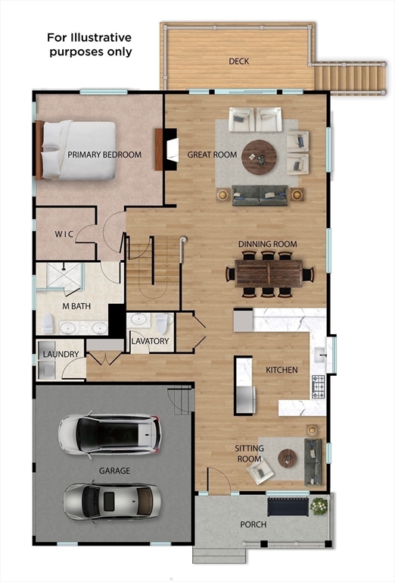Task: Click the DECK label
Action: point(239,61)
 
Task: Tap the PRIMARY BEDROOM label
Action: point(104,155)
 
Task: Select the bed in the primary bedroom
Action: point(76,150)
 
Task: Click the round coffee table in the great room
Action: point(260,157)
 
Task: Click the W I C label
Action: point(64,234)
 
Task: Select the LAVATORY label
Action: point(150,341)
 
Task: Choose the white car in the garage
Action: point(110,433)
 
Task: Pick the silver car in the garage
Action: point(111,500)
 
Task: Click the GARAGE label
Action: point(114,471)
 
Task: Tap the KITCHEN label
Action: point(281,370)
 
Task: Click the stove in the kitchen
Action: point(319,386)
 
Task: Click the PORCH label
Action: point(253,524)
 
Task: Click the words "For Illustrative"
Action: point(89,37)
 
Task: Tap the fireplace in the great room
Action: point(168,149)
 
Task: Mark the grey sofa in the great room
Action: point(260,196)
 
